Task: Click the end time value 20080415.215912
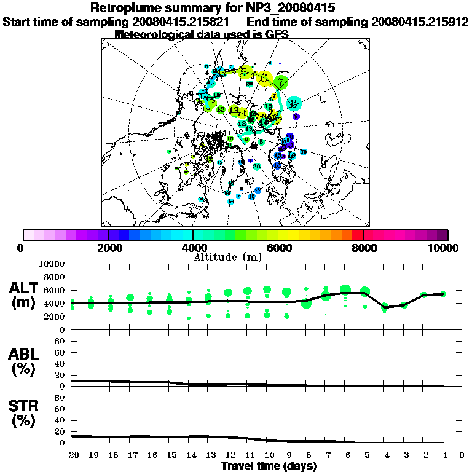420,22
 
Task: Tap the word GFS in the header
277,34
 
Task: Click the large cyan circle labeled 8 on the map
294,103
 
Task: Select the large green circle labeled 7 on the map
281,82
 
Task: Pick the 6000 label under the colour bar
278,248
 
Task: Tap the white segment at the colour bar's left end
28,235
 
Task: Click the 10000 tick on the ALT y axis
53,264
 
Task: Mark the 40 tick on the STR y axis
60,420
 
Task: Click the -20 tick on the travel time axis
71,455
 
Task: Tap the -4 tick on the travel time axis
384,455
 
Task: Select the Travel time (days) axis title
269,466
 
